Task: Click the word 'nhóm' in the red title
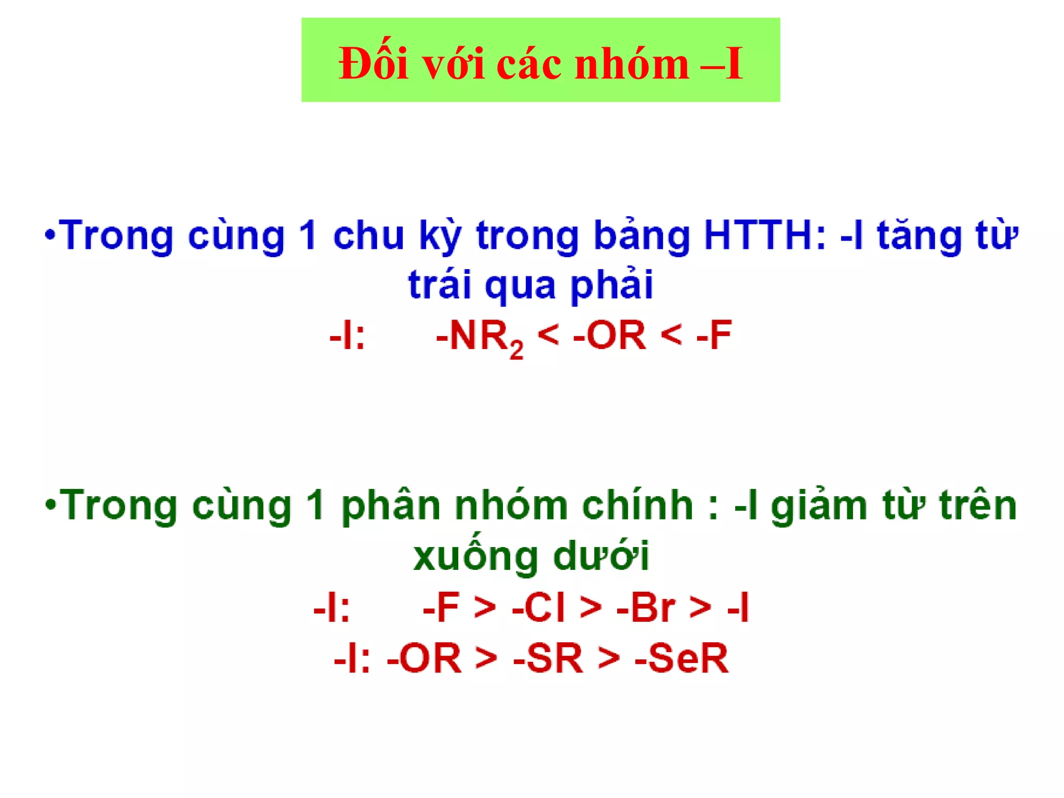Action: pyautogui.click(x=631, y=64)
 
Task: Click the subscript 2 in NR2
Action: pyautogui.click(x=516, y=350)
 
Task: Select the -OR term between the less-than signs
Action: pyautogui.click(x=609, y=336)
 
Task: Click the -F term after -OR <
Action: pyautogui.click(x=714, y=336)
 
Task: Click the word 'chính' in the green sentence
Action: pyautogui.click(x=637, y=506)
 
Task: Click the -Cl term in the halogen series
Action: pyautogui.click(x=538, y=607)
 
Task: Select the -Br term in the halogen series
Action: pyautogui.click(x=646, y=607)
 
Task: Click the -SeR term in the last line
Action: pyautogui.click(x=681, y=658)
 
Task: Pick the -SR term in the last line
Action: pyautogui.click(x=548, y=658)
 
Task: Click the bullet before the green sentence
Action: pyautogui.click(x=50, y=504)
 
